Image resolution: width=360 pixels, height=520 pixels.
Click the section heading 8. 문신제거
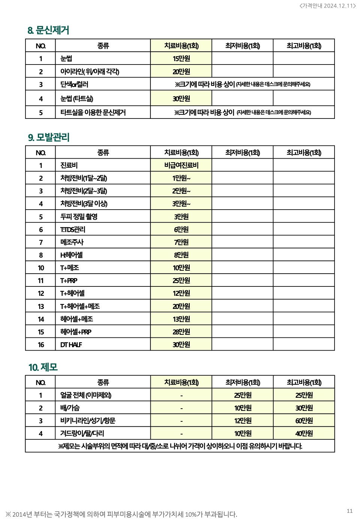tap(48, 30)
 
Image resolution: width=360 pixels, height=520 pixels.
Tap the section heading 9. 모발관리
tap(49, 137)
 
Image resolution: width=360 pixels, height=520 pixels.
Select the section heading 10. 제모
tap(43, 367)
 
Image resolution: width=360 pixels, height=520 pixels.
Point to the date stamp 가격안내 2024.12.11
tap(327, 6)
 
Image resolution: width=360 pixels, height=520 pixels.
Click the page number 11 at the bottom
tap(349, 511)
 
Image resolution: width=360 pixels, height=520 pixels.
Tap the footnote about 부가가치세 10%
tap(121, 514)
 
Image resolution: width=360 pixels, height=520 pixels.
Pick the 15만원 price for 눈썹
tap(181, 58)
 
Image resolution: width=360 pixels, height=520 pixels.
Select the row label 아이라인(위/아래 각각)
tap(90, 71)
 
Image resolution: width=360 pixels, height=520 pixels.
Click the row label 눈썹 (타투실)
tap(77, 99)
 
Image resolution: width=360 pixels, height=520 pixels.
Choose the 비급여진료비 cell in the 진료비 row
tap(181, 165)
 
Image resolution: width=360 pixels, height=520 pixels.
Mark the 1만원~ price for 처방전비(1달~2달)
tap(181, 178)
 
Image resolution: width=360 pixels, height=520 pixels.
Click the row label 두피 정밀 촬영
tap(79, 217)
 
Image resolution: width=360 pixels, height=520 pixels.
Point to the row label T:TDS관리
tap(73, 229)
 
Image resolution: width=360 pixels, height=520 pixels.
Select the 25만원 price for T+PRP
tap(181, 280)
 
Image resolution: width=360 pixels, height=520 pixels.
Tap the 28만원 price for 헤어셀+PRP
tap(181, 332)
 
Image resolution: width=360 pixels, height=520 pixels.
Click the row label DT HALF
tap(71, 345)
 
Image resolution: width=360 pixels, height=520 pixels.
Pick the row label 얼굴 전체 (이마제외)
tap(85, 395)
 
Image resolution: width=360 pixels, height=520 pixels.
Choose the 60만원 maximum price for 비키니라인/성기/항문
tap(304, 421)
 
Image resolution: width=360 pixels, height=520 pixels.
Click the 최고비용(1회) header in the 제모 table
tap(304, 382)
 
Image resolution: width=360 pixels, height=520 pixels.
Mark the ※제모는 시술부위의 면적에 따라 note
tap(180, 446)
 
